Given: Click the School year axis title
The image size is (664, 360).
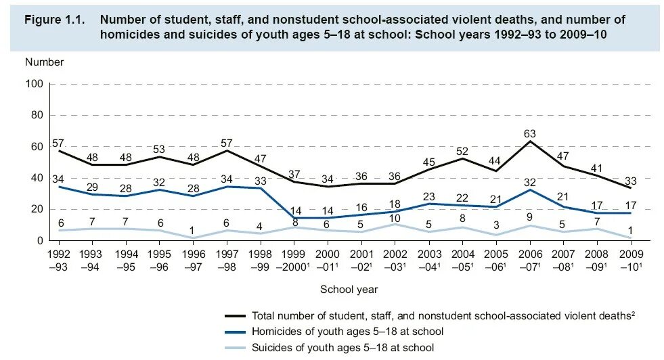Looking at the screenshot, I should tap(349, 289).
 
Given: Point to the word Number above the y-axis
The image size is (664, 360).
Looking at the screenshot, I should tap(45, 62).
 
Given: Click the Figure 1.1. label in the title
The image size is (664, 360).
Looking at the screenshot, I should tap(55, 20).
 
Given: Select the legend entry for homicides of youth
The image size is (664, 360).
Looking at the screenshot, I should tap(347, 332).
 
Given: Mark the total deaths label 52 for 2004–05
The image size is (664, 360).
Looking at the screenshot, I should tap(463, 151).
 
